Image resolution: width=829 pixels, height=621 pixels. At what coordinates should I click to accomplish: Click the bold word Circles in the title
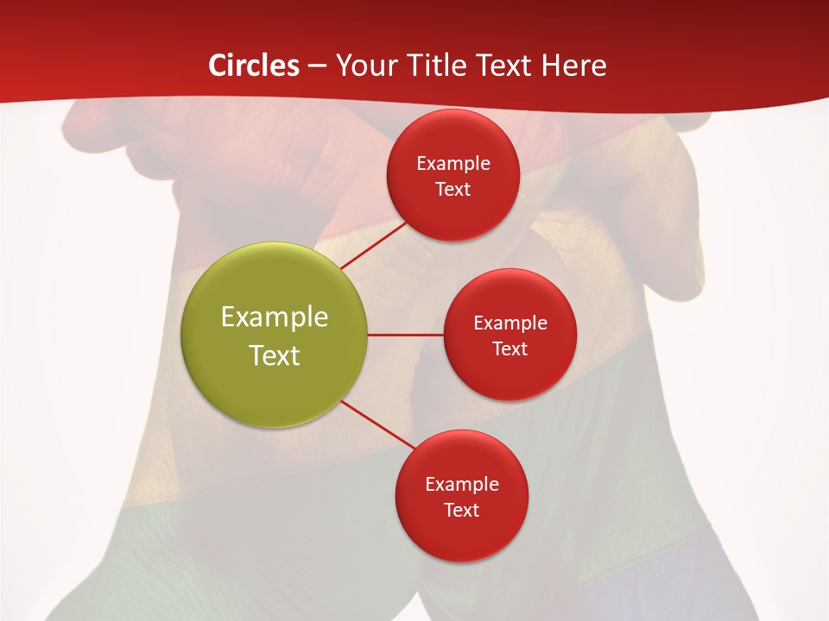(254, 66)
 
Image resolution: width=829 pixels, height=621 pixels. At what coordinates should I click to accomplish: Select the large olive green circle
(275, 335)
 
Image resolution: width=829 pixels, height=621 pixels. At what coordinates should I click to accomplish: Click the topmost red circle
(452, 175)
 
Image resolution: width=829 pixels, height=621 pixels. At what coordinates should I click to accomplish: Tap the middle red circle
(509, 335)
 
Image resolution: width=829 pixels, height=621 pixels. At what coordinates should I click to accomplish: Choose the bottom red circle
(461, 496)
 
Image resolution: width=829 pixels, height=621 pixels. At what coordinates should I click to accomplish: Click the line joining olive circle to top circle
(373, 245)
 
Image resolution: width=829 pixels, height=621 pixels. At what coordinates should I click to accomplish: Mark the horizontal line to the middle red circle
(405, 335)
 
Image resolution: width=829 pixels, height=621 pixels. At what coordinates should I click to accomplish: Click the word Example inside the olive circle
(275, 317)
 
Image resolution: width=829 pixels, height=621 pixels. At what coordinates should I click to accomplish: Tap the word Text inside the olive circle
(275, 355)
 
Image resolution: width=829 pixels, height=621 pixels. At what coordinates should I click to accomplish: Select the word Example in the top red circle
(452, 163)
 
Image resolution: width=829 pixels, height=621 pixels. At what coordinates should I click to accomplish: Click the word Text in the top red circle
(452, 189)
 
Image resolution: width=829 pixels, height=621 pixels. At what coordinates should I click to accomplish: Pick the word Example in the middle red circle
(509, 323)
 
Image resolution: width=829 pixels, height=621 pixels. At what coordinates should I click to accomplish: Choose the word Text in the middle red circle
(509, 348)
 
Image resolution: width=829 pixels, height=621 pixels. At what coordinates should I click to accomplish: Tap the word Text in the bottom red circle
(461, 510)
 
